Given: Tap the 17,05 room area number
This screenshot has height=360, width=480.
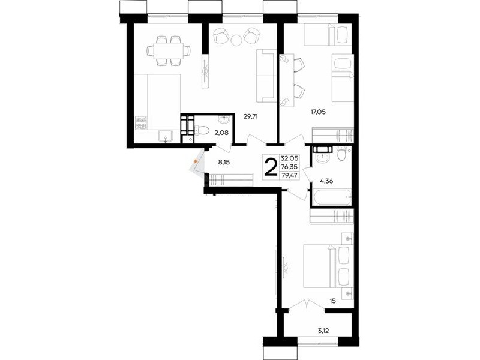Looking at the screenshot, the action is [319, 112].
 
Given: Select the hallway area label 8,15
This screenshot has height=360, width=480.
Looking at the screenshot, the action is [224, 163].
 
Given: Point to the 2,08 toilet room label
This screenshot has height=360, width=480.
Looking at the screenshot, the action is [221, 133].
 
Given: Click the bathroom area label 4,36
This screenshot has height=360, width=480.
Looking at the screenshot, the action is [326, 181].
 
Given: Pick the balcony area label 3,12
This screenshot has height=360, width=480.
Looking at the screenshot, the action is [324, 331].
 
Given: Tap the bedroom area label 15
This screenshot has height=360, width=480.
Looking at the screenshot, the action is [333, 301].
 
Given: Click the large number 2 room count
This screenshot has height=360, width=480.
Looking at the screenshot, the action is [271, 167].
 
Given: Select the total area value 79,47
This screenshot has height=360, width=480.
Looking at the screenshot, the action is [289, 175].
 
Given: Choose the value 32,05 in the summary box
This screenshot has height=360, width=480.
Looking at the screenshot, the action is [289, 158].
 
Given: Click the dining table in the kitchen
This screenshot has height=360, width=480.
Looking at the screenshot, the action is [169, 50].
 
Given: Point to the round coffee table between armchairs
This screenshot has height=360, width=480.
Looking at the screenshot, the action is [236, 40].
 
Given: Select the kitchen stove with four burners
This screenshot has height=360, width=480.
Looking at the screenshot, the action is [141, 122].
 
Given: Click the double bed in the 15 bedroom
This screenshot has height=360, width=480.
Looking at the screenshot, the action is [328, 266].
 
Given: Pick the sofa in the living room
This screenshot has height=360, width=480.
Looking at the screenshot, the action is [266, 76].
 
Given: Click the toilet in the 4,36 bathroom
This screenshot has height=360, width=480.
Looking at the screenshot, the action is [341, 153].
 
